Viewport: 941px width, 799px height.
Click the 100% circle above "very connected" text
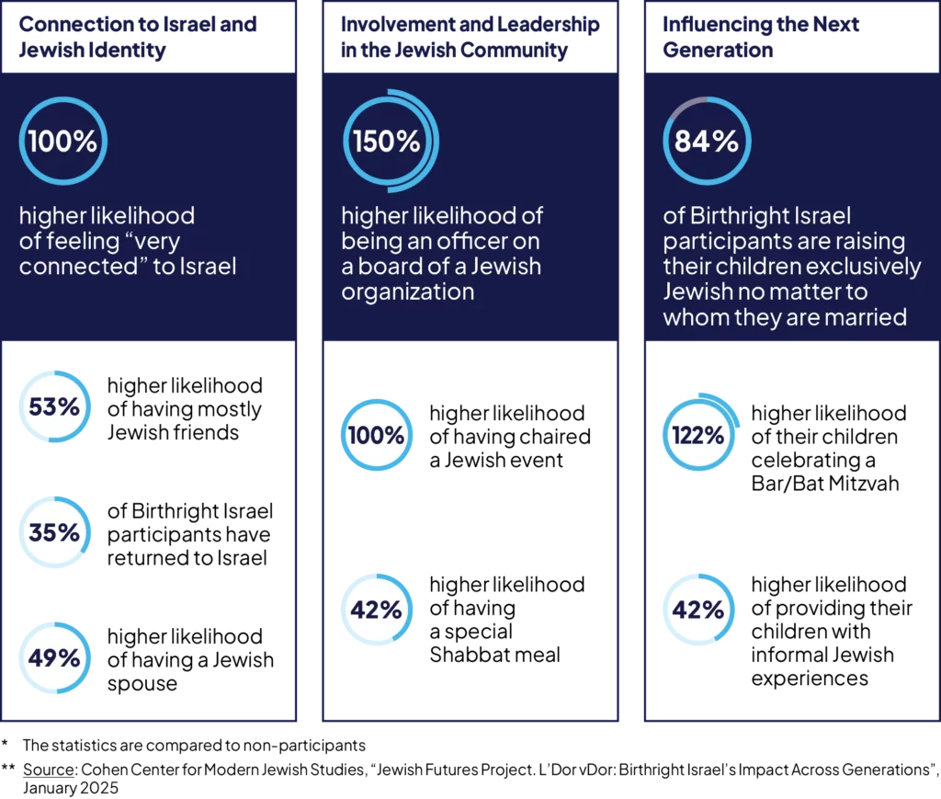(x=62, y=142)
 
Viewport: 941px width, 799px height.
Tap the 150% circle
(x=387, y=142)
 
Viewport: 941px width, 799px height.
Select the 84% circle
(x=707, y=142)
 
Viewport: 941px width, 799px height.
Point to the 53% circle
(x=54, y=406)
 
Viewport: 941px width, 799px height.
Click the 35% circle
(x=54, y=532)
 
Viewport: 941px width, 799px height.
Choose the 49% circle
(x=54, y=658)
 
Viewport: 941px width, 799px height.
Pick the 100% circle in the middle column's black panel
(x=377, y=435)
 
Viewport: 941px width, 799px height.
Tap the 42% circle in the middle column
(x=376, y=610)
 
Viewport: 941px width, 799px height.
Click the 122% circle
(x=697, y=436)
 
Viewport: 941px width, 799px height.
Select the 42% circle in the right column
(x=697, y=610)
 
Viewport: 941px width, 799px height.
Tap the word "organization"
(x=407, y=292)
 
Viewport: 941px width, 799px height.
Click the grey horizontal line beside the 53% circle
(x=193, y=445)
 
